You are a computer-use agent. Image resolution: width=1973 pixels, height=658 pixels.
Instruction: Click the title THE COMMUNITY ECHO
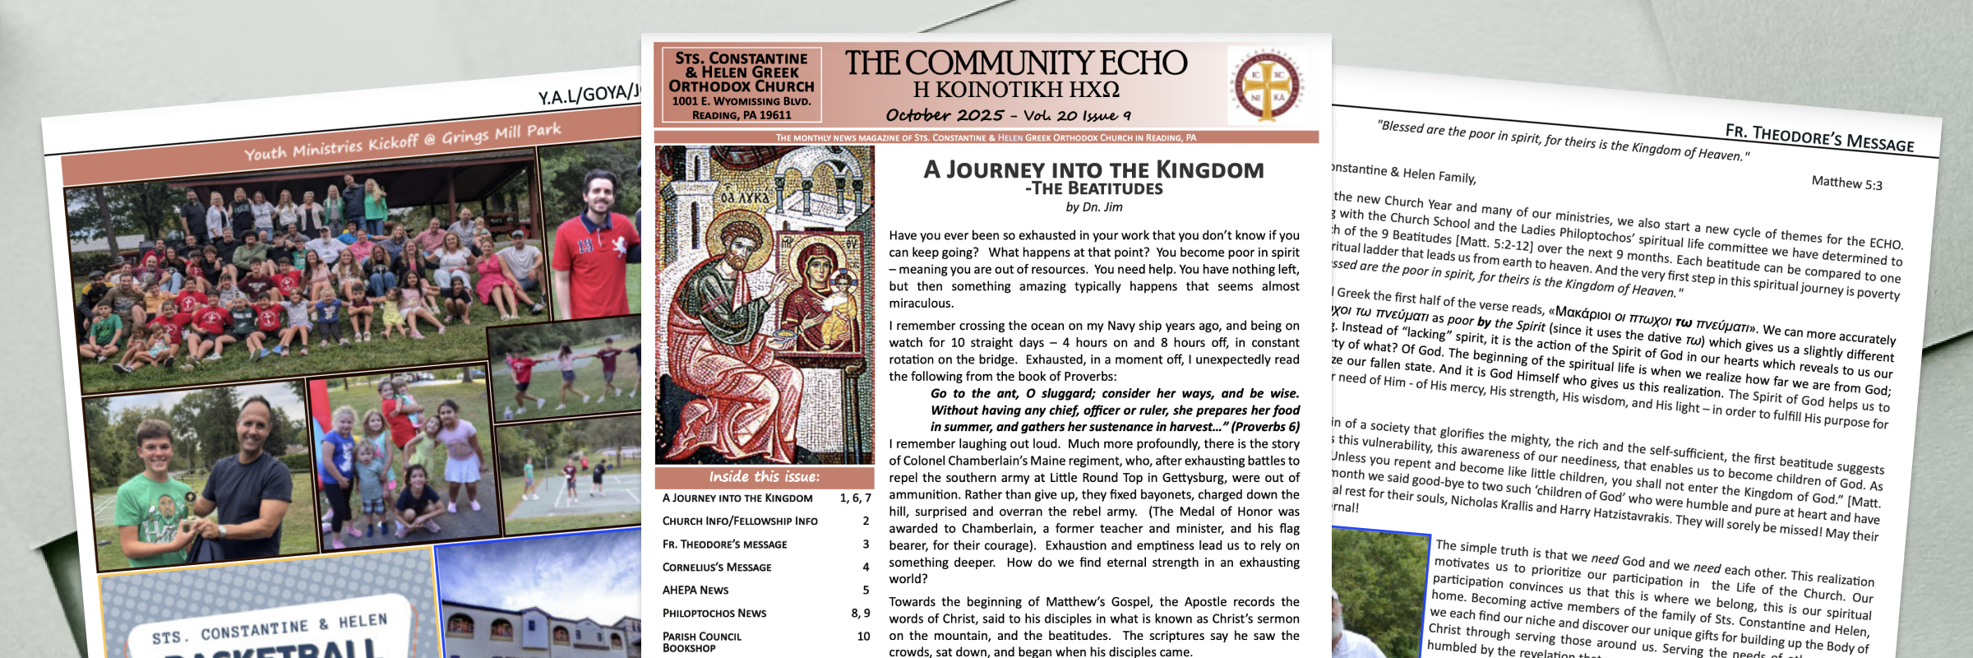click(x=1016, y=63)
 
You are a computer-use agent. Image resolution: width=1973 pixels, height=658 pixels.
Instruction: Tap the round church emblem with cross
click(x=1267, y=86)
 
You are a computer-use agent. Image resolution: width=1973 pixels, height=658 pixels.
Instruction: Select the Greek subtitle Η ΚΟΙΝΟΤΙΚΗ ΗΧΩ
click(x=1016, y=90)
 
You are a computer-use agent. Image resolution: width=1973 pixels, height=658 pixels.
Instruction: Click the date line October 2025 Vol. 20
click(x=1008, y=115)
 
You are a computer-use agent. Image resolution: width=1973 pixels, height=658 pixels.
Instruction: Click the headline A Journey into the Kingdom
click(x=1093, y=170)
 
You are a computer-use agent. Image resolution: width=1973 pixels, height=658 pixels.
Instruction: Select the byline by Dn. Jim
click(x=1093, y=207)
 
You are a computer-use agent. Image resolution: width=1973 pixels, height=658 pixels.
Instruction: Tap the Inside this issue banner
click(x=764, y=477)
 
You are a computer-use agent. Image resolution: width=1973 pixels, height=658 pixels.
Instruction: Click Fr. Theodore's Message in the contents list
click(x=724, y=544)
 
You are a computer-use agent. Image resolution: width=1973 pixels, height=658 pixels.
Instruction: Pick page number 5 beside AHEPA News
click(x=866, y=590)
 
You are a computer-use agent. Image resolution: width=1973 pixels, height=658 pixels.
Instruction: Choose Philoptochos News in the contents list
click(x=714, y=614)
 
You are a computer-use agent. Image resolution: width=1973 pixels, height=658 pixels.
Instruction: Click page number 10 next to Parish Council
click(x=863, y=637)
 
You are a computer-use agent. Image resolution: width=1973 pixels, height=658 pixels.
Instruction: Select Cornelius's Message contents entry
click(x=717, y=568)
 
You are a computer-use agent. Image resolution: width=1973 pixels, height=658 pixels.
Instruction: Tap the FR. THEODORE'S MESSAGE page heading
click(x=1819, y=138)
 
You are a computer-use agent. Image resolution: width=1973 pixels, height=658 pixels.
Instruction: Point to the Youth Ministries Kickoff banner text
click(x=403, y=141)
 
